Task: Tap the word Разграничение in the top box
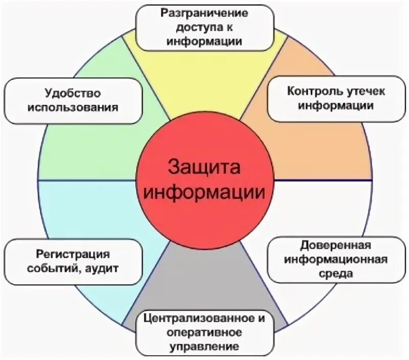(x=204, y=12)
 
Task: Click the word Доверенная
(x=334, y=244)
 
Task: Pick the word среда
(x=334, y=273)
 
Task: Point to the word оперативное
(x=204, y=333)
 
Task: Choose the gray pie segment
(x=204, y=276)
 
